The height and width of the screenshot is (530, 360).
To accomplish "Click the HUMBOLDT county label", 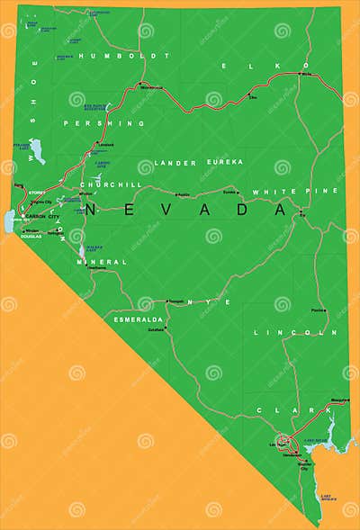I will coord(112,56).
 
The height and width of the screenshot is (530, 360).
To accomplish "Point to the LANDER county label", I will coord(175,162).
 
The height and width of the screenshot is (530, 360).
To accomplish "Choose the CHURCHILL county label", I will coord(112,184).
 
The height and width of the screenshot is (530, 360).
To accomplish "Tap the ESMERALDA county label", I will coord(137,319).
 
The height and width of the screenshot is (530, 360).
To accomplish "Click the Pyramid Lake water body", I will coord(36,147).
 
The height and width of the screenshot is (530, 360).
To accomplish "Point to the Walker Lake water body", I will coord(81,249).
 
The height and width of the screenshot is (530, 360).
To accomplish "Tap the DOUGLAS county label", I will coord(31,236).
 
